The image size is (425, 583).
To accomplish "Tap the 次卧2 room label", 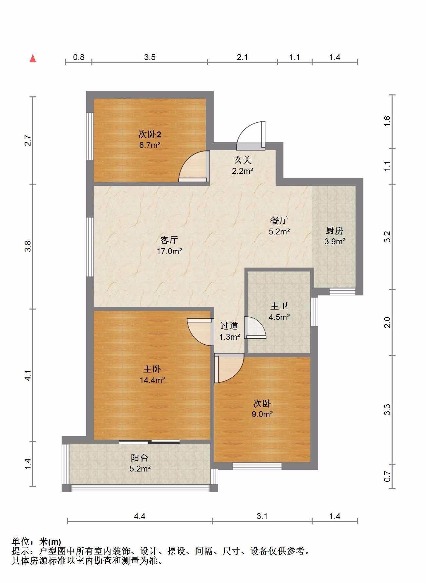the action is tap(150, 134).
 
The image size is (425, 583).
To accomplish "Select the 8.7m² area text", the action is tap(150, 145).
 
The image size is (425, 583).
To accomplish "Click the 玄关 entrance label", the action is tap(242, 160).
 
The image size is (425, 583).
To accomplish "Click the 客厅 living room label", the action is tap(169, 240).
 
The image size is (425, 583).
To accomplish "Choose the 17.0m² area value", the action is tap(169, 251).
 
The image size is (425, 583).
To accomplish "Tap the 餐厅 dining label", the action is tap(279, 220).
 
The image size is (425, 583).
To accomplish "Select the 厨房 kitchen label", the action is tap(335, 231).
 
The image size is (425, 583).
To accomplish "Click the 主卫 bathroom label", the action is tap(279, 306).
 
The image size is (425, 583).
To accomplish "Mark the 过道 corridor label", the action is tap(229, 326).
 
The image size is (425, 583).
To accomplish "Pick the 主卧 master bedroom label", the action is tap(152, 369).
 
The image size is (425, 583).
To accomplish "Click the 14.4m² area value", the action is tap(152, 380).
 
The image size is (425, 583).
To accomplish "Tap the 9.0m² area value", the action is tap(262, 414).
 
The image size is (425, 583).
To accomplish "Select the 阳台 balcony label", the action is tap(140, 458).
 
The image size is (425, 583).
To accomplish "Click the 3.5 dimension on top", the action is tap(150, 57).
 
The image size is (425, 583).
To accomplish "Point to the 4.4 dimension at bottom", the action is tap(140, 516).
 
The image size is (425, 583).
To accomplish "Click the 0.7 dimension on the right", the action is tap(387, 476).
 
